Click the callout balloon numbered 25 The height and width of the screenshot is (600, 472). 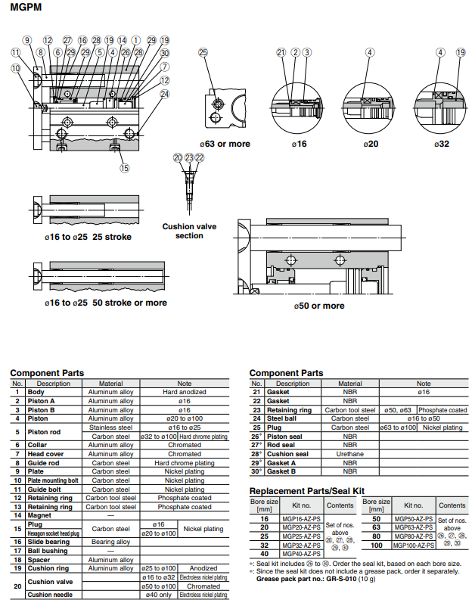coord(203,52)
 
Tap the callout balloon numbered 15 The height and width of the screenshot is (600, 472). coord(125,168)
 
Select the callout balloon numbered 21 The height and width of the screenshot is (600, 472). coord(281,52)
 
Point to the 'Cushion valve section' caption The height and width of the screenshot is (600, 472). coord(189,231)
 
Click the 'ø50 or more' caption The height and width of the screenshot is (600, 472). coord(319,306)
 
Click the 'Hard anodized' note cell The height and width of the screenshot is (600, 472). coord(185,392)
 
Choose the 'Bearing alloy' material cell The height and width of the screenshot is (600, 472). coord(110,542)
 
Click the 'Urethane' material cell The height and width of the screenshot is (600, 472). coord(349,454)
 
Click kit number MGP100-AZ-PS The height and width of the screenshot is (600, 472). coord(413,545)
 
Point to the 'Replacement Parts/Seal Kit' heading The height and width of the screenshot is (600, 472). coord(307,491)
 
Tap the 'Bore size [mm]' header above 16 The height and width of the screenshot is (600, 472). coord(264,505)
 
